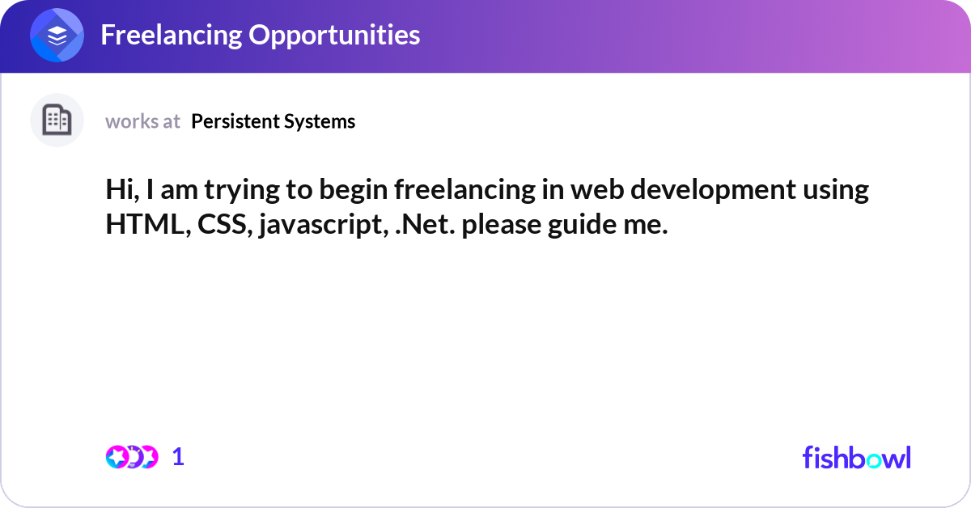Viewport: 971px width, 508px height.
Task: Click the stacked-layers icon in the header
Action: click(x=57, y=36)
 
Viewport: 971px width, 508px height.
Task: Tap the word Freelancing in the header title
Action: click(x=172, y=35)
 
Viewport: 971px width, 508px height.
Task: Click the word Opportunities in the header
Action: click(x=334, y=35)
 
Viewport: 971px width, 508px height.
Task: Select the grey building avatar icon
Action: click(x=57, y=121)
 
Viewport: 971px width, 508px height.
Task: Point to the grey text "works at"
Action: click(x=142, y=121)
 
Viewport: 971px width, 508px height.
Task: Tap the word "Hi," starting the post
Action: click(x=121, y=190)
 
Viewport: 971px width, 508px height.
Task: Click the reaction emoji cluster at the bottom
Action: click(x=132, y=457)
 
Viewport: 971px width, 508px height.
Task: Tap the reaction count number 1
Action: click(x=179, y=457)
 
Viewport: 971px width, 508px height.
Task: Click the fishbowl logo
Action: click(x=856, y=457)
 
